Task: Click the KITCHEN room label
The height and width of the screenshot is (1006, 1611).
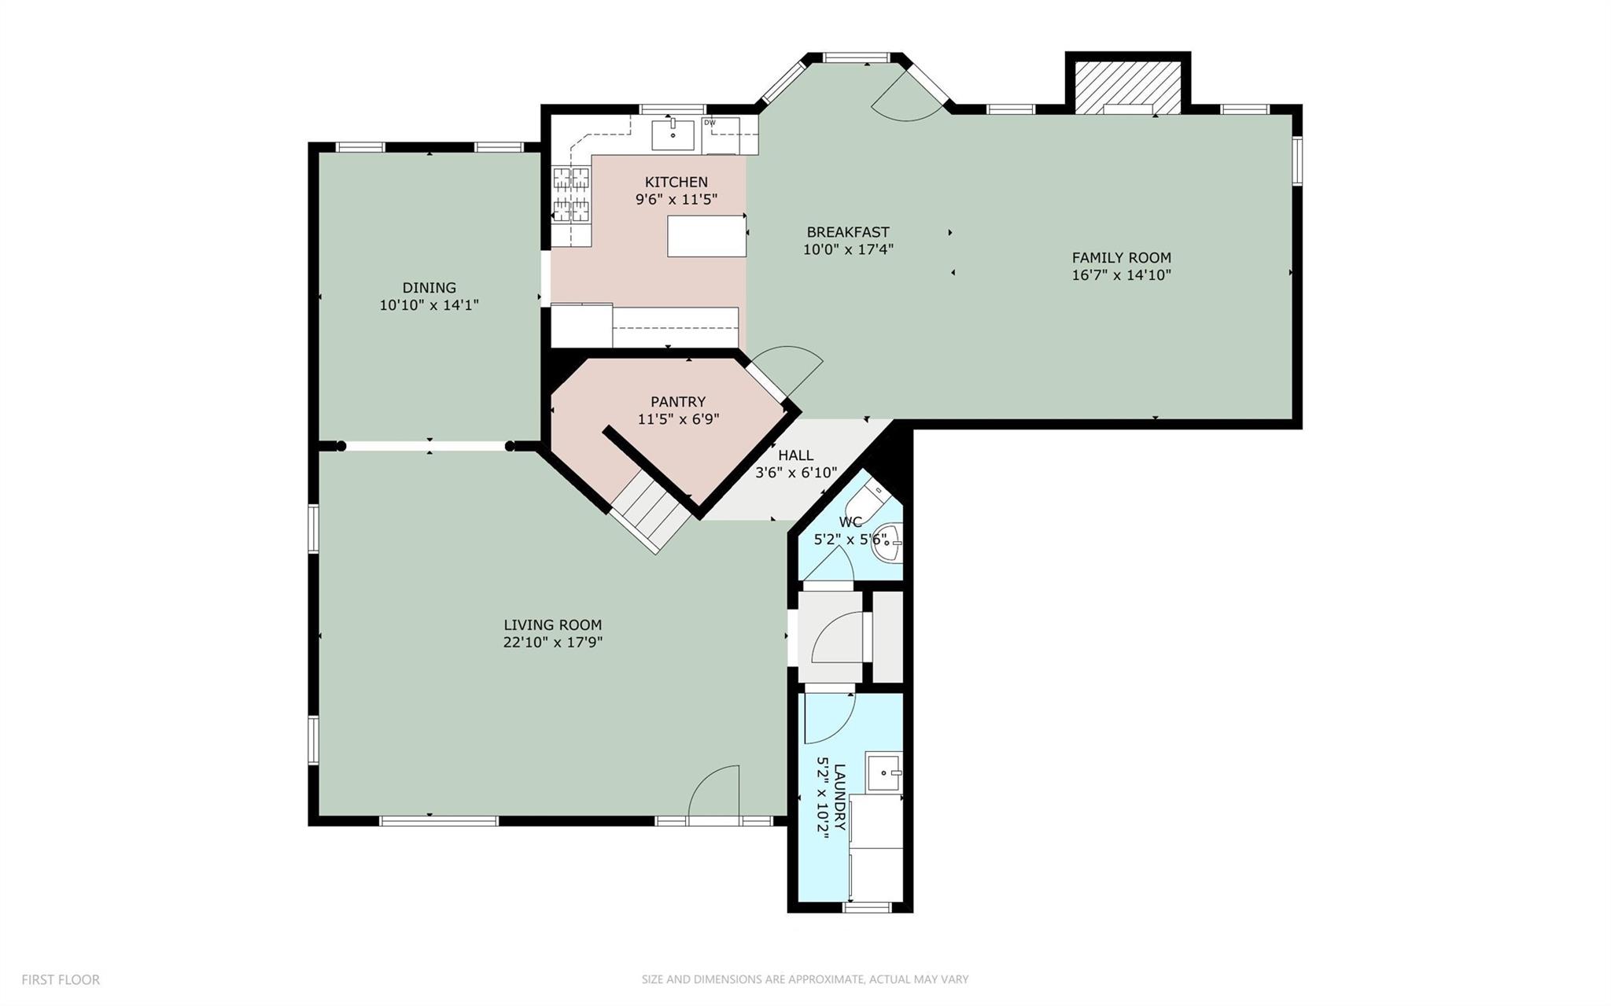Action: tap(676, 182)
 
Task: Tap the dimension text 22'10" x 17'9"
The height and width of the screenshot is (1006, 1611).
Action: tap(552, 643)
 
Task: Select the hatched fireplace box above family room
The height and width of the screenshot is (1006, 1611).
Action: tap(1127, 86)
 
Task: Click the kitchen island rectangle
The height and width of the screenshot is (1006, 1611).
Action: tap(706, 235)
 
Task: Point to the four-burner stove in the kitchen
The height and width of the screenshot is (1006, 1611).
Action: tap(571, 194)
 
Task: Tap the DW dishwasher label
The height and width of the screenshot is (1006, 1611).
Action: tap(710, 123)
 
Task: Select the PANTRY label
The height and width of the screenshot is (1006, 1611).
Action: tap(677, 402)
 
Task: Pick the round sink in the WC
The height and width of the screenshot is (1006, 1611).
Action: tap(888, 542)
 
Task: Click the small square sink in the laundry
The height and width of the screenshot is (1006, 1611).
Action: tap(883, 772)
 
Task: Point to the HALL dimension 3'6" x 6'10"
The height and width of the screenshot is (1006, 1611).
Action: tap(795, 473)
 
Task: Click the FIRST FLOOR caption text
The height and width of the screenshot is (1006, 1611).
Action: tap(61, 980)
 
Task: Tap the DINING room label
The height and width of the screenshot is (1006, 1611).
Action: tap(429, 288)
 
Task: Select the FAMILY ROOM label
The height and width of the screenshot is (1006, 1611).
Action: tap(1121, 257)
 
